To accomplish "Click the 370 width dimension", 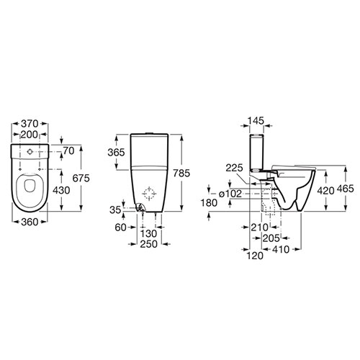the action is pos(30,124).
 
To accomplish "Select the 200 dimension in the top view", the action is pos(29,135).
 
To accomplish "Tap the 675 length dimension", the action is pos(81,178).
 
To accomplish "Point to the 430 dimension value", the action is pos(61,190).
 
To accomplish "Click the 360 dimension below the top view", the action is pos(30,222).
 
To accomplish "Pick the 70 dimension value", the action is pos(68,151).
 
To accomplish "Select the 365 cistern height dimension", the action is pos(116,153).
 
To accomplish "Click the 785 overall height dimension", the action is pos(181,173).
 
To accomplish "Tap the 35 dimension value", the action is pos(115,210).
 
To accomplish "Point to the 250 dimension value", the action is pos(149,244).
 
